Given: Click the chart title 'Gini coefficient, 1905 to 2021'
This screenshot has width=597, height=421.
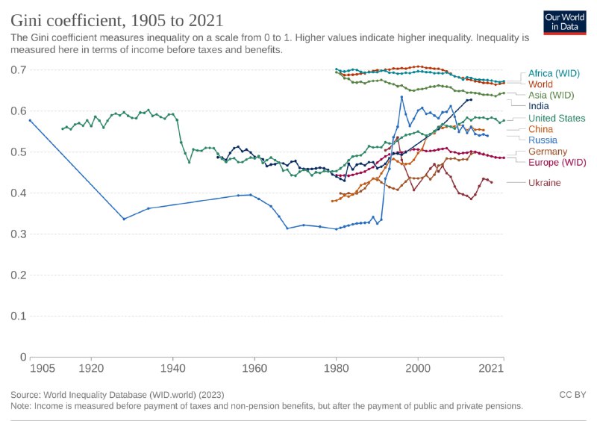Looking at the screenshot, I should pyautogui.click(x=116, y=19).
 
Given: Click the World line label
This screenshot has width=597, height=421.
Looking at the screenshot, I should pyautogui.click(x=540, y=84).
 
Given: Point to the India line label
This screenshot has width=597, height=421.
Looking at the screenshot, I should pyautogui.click(x=539, y=106).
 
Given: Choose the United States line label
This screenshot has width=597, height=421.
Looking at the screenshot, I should pyautogui.click(x=557, y=118).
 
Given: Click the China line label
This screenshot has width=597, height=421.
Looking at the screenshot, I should pyautogui.click(x=541, y=129).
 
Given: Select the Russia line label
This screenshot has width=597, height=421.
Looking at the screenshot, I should pyautogui.click(x=543, y=140).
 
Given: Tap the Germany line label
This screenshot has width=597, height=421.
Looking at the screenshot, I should pyautogui.click(x=548, y=152).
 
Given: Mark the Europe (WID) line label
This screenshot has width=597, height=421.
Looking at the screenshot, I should pyautogui.click(x=556, y=162).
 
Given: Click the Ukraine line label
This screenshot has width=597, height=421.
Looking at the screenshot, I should pyautogui.click(x=545, y=182).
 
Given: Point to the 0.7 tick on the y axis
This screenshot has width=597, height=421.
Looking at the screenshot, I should pyautogui.click(x=19, y=70).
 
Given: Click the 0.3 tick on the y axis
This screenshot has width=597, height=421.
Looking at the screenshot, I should pyautogui.click(x=19, y=234).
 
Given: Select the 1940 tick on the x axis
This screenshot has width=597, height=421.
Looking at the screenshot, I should pyautogui.click(x=172, y=369).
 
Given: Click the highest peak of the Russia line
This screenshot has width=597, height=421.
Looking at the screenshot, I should pyautogui.click(x=401, y=96).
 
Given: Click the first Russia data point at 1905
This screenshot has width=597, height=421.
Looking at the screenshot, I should pyautogui.click(x=30, y=120).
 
